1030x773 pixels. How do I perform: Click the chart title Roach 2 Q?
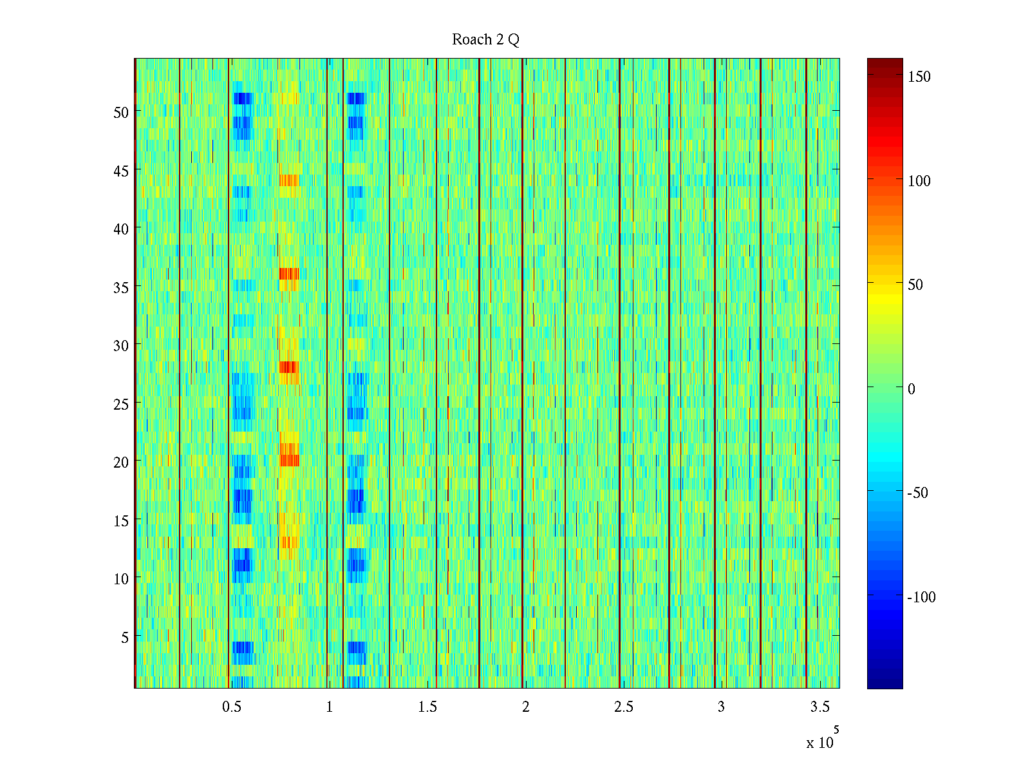pos(485,40)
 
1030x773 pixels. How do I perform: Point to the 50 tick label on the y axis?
pos(121,112)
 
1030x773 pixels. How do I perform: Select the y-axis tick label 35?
pos(121,287)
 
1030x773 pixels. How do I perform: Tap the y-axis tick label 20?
pos(121,462)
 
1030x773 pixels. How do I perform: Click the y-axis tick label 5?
pos(125,637)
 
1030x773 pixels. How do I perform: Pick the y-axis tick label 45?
pos(121,171)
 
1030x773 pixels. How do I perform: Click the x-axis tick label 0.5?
pos(232,707)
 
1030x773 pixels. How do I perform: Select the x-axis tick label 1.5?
pos(427,707)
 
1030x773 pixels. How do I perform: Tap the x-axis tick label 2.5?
pos(623,707)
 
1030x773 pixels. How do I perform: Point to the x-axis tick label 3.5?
pos(819,707)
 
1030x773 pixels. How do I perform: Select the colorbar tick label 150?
pos(919,77)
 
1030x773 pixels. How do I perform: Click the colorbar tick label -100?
pos(921,597)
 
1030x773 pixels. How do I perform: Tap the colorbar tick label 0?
pos(911,389)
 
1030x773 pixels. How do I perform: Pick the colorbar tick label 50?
pos(915,285)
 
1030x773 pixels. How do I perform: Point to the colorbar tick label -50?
pos(918,493)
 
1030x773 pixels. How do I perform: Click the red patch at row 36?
pos(289,274)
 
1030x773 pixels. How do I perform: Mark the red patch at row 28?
pos(288,367)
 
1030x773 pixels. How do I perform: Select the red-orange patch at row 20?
pos(290,460)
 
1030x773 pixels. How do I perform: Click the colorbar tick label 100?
pos(919,181)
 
